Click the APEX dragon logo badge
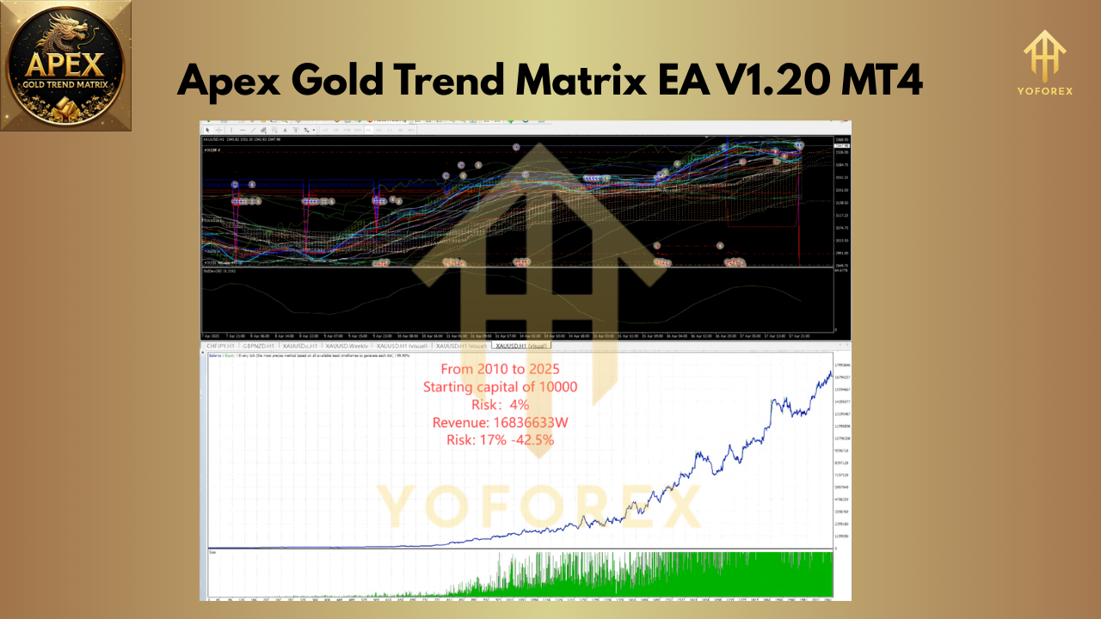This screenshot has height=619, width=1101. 66,65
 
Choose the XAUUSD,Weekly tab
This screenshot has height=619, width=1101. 349,346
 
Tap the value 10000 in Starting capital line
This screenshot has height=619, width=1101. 557,387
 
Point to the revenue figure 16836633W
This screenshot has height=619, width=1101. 530,422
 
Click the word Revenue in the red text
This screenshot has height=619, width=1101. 460,422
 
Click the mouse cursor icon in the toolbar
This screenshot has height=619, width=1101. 207,130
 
